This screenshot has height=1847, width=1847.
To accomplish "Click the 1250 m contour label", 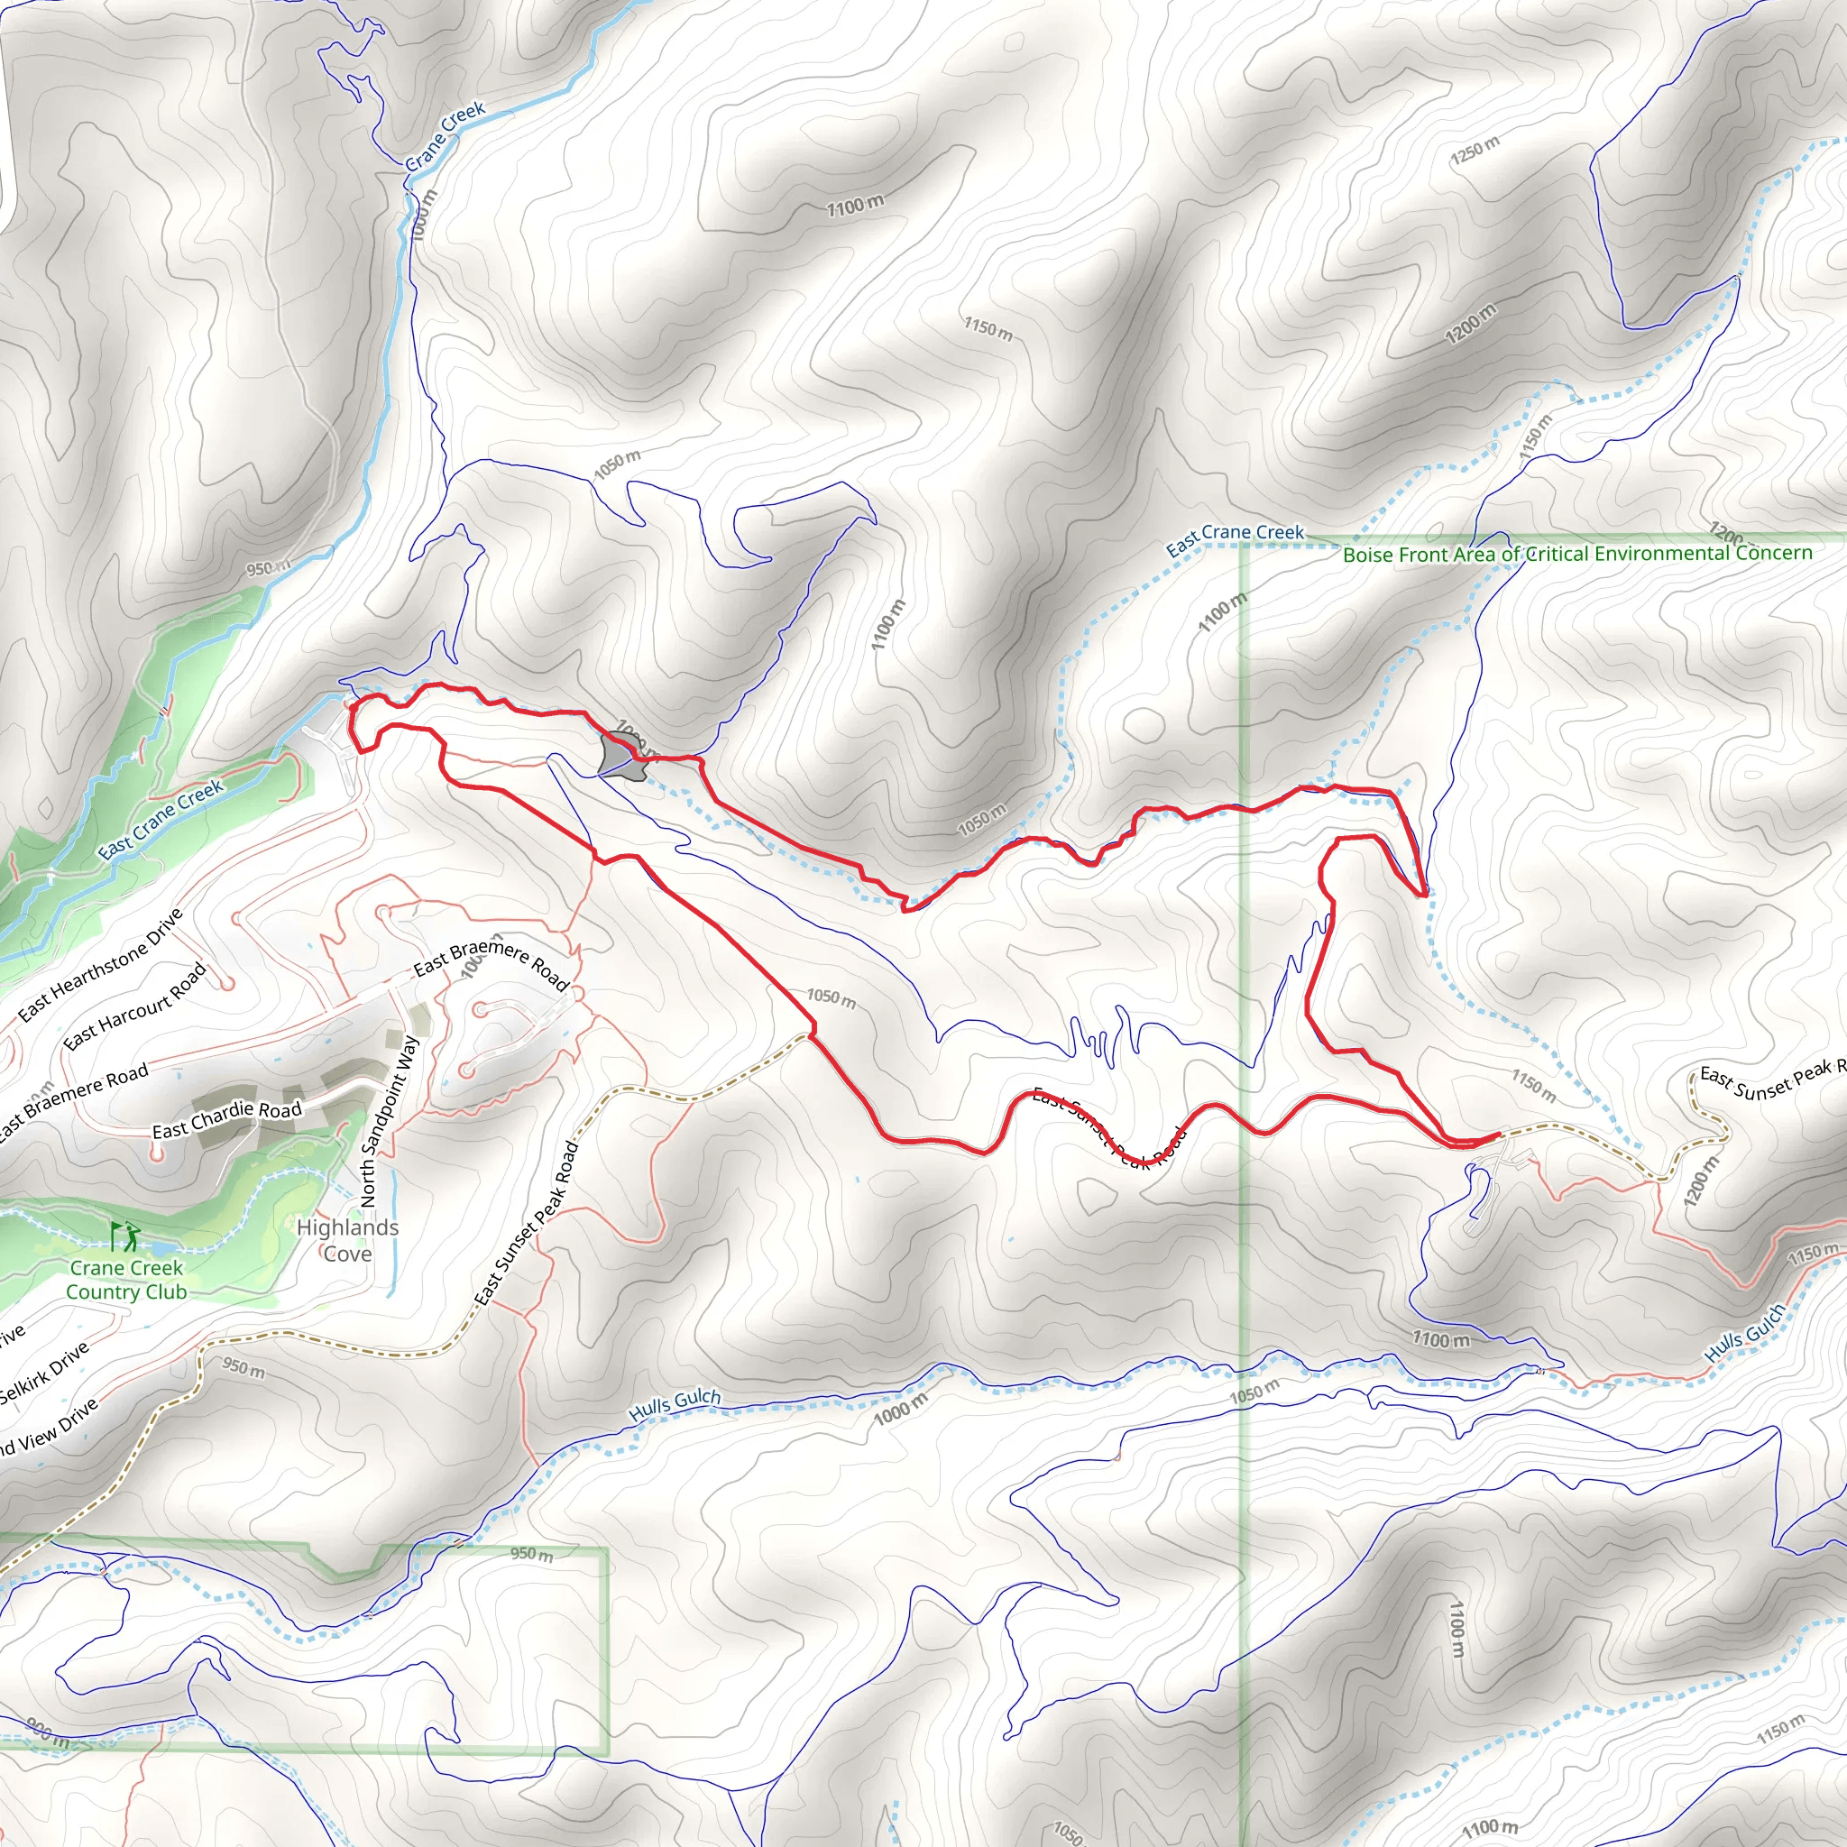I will tap(1475, 150).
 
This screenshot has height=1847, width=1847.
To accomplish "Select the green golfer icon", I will tap(124, 1237).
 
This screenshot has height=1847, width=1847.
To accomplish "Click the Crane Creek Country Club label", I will tap(126, 1279).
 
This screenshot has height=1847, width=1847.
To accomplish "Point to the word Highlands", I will tap(347, 1227).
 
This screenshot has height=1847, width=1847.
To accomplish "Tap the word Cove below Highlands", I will tap(347, 1254).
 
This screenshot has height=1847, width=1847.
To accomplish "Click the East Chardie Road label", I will tap(226, 1119).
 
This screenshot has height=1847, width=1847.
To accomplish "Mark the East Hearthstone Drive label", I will tap(100, 965).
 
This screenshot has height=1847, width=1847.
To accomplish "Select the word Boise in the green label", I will tap(1368, 555).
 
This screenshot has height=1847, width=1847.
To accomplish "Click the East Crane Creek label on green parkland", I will tap(161, 819).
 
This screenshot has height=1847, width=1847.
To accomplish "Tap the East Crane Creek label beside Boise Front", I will tap(1235, 538).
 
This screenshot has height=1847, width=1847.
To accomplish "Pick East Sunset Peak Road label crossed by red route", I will tap(1109, 1129).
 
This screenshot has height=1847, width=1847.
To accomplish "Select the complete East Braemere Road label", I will tap(492, 961).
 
